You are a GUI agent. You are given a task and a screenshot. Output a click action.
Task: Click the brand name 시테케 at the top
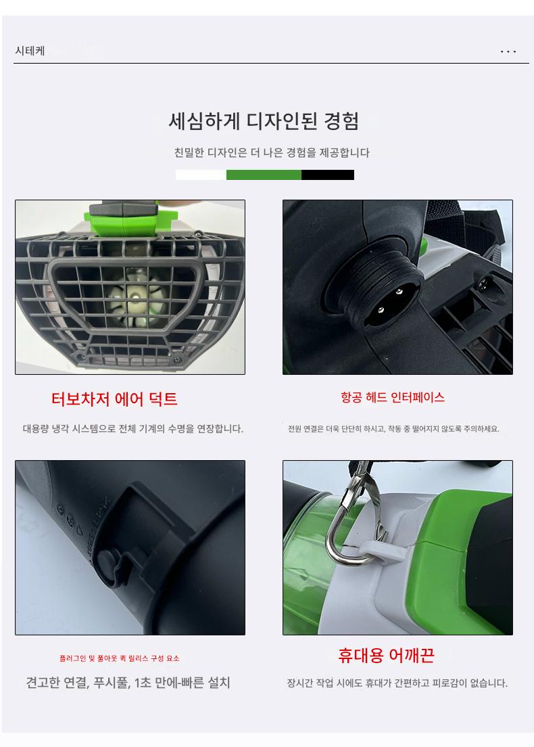[30, 51]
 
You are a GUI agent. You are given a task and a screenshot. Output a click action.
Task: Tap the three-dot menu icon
[508, 51]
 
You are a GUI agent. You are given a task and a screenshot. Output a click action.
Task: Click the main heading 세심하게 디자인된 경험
[264, 121]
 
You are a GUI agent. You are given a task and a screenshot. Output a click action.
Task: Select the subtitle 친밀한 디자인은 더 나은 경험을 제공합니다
[272, 152]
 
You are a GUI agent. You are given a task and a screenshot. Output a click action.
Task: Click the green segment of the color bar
[264, 175]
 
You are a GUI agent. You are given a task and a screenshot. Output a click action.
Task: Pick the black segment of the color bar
[327, 175]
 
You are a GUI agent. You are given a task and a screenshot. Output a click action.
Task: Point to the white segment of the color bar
[201, 175]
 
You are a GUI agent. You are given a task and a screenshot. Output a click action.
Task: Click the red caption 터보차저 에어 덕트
[114, 399]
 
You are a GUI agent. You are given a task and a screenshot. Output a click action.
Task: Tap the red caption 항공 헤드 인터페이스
[393, 397]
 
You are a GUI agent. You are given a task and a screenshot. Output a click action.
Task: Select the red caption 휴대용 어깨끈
[386, 656]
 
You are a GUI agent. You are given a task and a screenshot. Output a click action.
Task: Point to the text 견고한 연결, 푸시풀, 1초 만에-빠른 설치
[128, 683]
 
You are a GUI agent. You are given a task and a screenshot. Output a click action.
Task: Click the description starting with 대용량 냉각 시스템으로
[132, 429]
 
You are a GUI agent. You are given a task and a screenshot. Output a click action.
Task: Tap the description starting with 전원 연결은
[393, 429]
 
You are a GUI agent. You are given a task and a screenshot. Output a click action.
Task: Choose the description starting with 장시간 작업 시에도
[397, 683]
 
